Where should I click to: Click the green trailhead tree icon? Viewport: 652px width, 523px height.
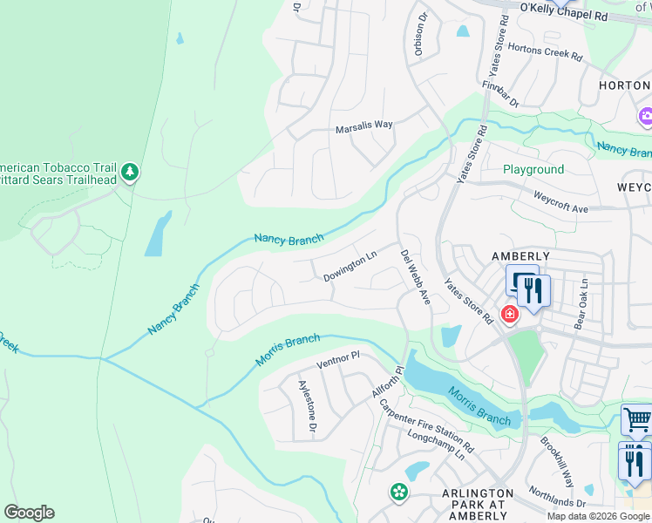[130, 172]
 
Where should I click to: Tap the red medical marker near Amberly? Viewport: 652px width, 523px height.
[509, 313]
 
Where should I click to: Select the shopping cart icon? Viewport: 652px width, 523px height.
[636, 420]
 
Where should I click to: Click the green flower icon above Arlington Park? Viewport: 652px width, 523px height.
[398, 492]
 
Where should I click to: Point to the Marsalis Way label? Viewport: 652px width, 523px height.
[364, 126]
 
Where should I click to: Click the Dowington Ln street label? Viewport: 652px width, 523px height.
[350, 265]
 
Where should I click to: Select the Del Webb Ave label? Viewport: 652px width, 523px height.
[416, 277]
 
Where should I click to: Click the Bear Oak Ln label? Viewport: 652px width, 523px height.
[581, 304]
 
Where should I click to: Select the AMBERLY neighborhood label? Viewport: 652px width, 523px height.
[520, 256]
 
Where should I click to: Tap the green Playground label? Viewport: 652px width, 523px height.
[533, 169]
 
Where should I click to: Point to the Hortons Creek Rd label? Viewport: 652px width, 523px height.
[544, 52]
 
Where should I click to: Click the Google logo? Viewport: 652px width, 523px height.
[29, 513]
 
